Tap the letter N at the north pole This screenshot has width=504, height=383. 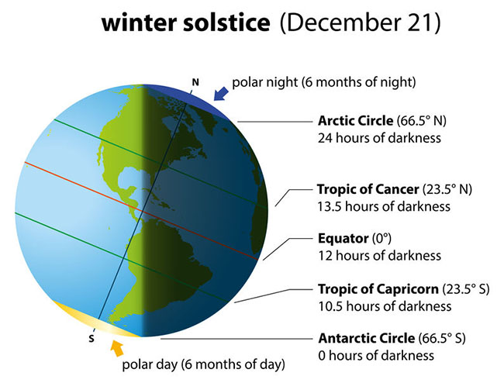(x=195, y=80)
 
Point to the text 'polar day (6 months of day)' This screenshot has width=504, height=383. (x=203, y=363)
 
